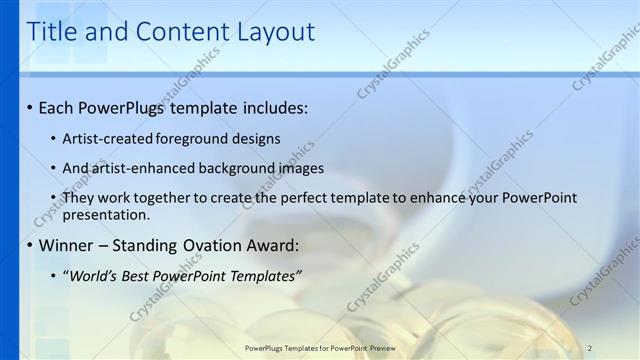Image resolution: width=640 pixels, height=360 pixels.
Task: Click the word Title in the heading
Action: (52, 32)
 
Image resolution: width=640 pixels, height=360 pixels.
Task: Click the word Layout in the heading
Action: (275, 32)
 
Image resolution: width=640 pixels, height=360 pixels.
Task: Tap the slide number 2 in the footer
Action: (590, 348)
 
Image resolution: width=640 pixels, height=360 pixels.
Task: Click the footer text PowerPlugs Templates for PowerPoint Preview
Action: (319, 348)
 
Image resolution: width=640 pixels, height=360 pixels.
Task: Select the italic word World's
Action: (94, 275)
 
